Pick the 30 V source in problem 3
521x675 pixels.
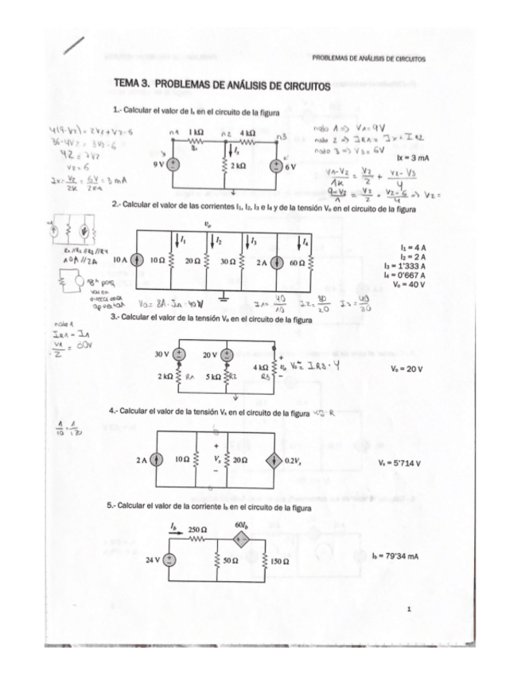[x=180, y=353]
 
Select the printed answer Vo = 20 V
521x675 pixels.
[x=406, y=369]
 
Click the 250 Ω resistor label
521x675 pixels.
[x=199, y=529]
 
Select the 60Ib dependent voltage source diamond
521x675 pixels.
[x=241, y=539]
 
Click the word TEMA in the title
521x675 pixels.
[x=127, y=84]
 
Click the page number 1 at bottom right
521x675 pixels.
[x=407, y=608]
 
